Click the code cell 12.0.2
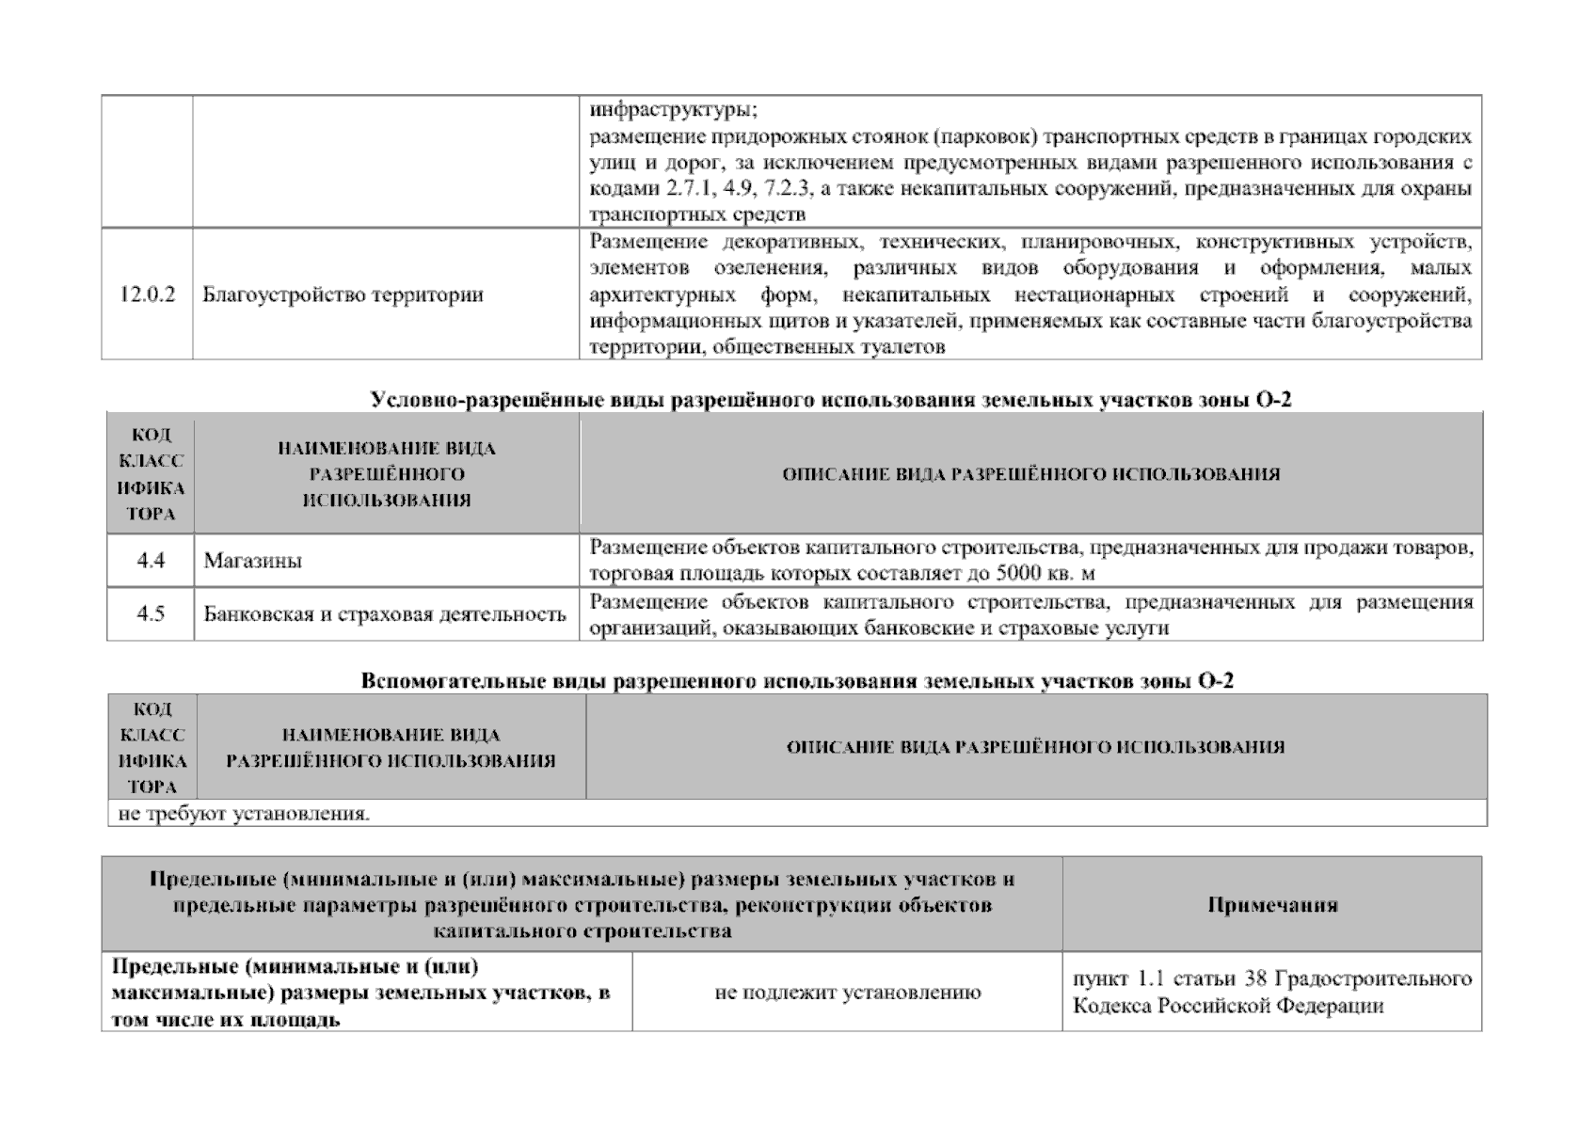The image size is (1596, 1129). (x=148, y=294)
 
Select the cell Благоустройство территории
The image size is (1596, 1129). (x=343, y=294)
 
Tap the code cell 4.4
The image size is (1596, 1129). (x=151, y=561)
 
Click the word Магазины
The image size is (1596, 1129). (x=253, y=561)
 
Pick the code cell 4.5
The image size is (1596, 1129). (x=151, y=614)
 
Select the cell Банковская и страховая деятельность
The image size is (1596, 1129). (x=385, y=614)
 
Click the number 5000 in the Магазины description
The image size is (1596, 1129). (x=1019, y=573)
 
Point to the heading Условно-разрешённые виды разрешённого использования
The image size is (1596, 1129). (x=831, y=400)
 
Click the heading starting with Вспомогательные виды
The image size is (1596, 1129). (x=797, y=681)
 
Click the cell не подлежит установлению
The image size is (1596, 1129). (x=847, y=992)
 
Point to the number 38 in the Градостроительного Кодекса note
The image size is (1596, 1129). (x=1255, y=978)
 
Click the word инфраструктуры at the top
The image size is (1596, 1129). (x=672, y=109)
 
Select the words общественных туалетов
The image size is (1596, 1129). (x=828, y=347)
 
